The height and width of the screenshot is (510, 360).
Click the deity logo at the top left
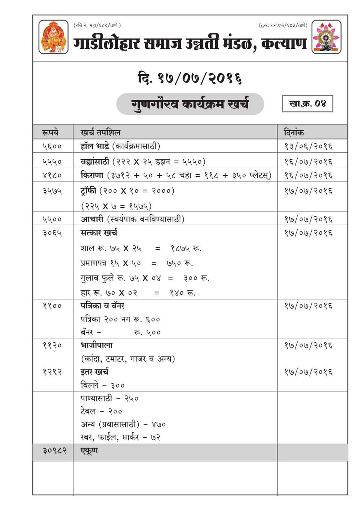pos(54,37)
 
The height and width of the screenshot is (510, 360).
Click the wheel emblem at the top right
pos(326,37)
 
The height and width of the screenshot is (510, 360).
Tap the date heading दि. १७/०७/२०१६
pos(189,78)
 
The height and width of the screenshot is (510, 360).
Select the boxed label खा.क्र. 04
pos(307,103)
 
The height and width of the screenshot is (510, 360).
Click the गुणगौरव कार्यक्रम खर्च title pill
pos(190,104)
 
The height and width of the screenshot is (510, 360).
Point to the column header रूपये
pos(51,132)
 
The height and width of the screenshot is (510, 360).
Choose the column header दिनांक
pos(294,132)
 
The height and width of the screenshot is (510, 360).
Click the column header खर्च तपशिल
pos(100,132)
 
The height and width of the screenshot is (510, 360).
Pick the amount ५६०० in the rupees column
pos(52,146)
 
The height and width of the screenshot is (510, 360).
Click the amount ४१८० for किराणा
pos(52,175)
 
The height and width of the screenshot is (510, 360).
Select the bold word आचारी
pos(91,219)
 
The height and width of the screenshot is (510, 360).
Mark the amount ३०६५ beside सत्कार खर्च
pos(52,233)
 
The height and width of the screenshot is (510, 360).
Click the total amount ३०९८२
pos(54,450)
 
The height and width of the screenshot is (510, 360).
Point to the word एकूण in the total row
pos(89,450)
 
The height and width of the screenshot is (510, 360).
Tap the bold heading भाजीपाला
pos(96,345)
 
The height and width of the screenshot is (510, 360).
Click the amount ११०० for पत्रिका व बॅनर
pos(52,306)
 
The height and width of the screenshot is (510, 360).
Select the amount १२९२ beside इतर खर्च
pos(52,372)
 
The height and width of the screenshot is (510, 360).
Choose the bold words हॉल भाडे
pos(94,146)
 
